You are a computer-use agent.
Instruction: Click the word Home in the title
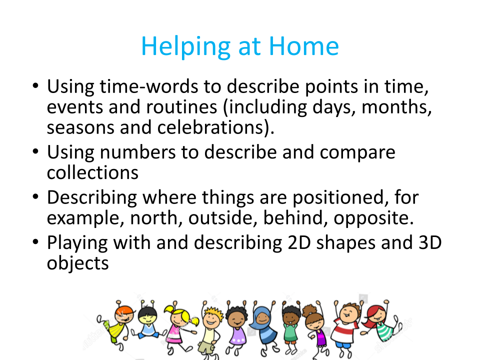pyautogui.click(x=303, y=46)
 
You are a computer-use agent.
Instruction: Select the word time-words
pyautogui.click(x=149, y=86)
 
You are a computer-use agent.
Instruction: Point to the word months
pyautogui.click(x=396, y=107)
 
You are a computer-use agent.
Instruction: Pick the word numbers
pyautogui.click(x=138, y=152)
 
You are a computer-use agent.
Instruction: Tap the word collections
pyautogui.click(x=92, y=172)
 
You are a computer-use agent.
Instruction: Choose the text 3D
pyautogui.click(x=430, y=242)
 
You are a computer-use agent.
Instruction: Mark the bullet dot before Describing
pyautogui.click(x=35, y=196)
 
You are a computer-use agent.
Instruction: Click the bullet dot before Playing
pyautogui.click(x=35, y=242)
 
